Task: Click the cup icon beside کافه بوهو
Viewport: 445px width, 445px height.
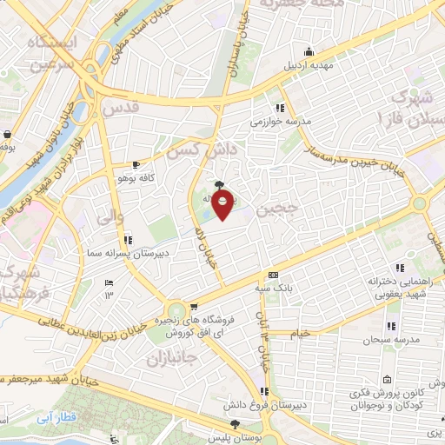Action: coord(136,164)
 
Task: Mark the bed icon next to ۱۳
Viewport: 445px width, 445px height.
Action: coord(109,283)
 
